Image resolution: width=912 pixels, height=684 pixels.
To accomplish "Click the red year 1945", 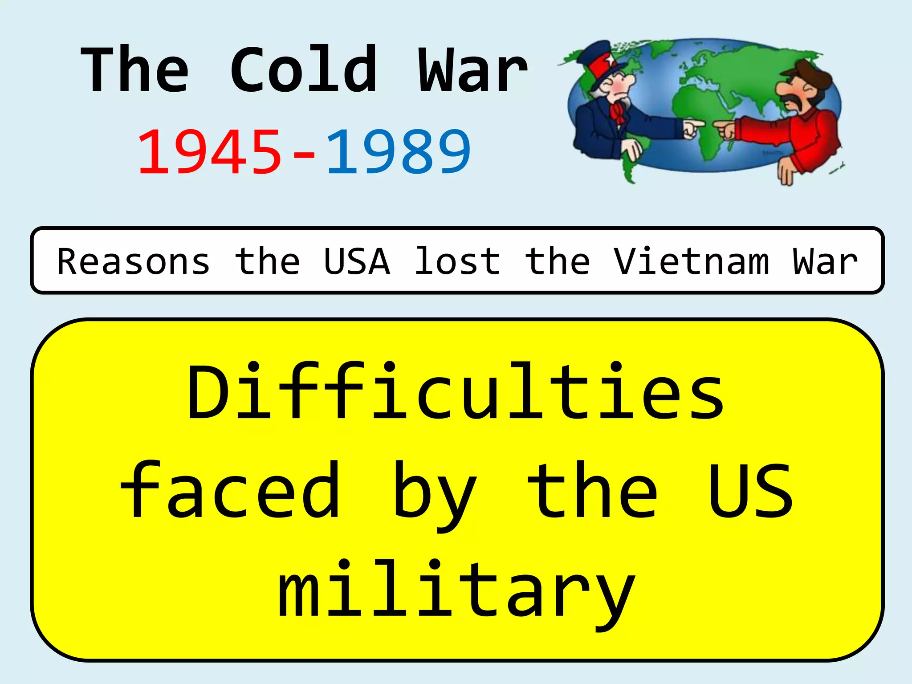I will (209, 151).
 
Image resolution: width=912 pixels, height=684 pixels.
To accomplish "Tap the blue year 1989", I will (399, 151).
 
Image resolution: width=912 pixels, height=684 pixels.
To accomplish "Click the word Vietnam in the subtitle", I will (692, 261).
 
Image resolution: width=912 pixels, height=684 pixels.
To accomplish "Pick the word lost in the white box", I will (457, 261).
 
